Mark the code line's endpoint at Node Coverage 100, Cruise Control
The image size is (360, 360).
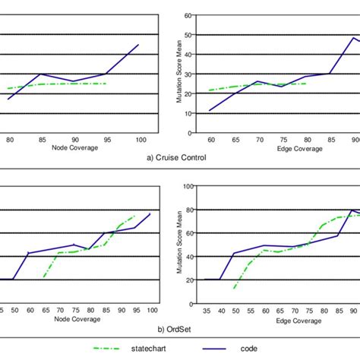139,44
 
